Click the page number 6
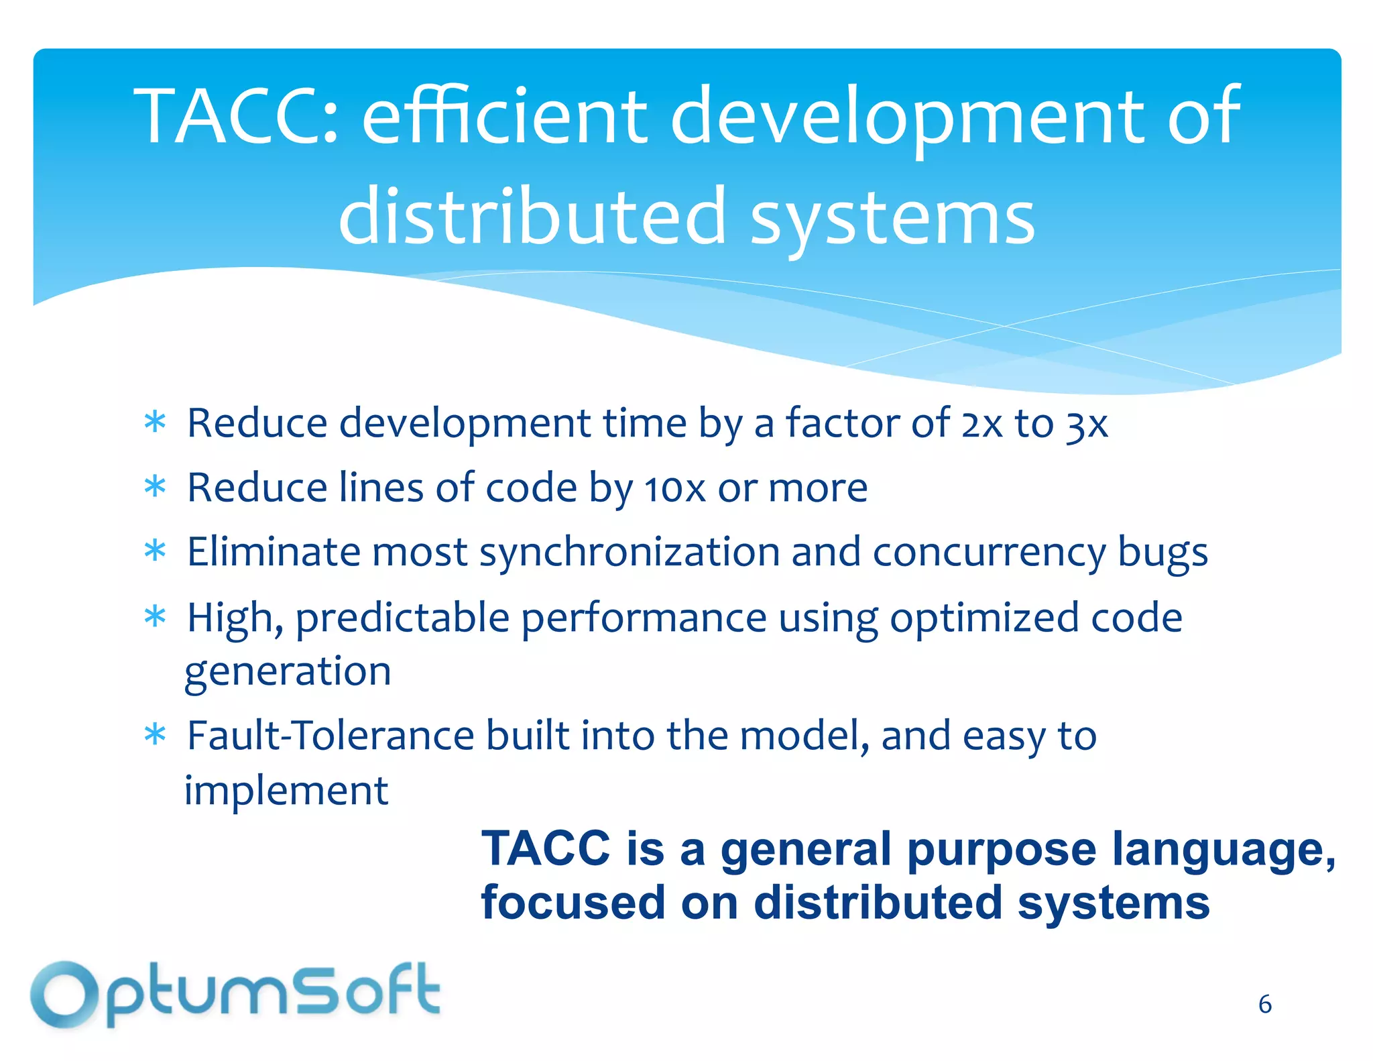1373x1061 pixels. (1264, 1004)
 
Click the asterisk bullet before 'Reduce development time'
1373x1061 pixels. (155, 423)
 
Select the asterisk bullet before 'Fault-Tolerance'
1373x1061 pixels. (155, 736)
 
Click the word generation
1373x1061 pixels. (288, 672)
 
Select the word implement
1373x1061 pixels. (286, 791)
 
